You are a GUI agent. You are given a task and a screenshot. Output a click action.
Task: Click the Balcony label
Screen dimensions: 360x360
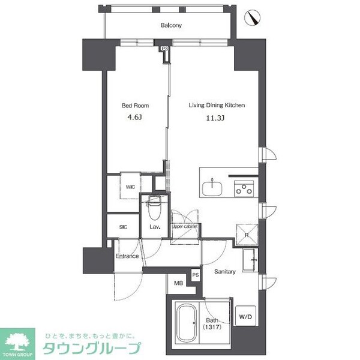click(171, 25)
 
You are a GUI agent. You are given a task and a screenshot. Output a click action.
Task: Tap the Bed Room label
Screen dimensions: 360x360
click(135, 106)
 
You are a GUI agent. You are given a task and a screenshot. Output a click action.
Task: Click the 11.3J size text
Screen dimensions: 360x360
click(215, 117)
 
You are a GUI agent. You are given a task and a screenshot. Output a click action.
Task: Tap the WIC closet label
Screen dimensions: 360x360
click(130, 187)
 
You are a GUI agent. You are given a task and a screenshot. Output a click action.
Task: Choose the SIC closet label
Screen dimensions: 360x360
click(123, 227)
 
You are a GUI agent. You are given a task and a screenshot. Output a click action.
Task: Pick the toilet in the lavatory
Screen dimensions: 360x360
click(154, 207)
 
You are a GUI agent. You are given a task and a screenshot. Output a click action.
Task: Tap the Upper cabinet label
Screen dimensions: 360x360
click(185, 227)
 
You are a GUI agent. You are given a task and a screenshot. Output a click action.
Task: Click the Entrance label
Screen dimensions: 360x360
click(127, 256)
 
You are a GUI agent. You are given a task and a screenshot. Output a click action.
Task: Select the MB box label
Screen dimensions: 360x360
click(178, 283)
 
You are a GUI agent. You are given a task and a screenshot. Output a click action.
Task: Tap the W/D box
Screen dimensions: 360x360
click(245, 316)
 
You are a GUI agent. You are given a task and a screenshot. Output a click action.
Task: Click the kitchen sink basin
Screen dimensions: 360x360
click(212, 188)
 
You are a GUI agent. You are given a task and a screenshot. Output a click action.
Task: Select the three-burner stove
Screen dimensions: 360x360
click(243, 188)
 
